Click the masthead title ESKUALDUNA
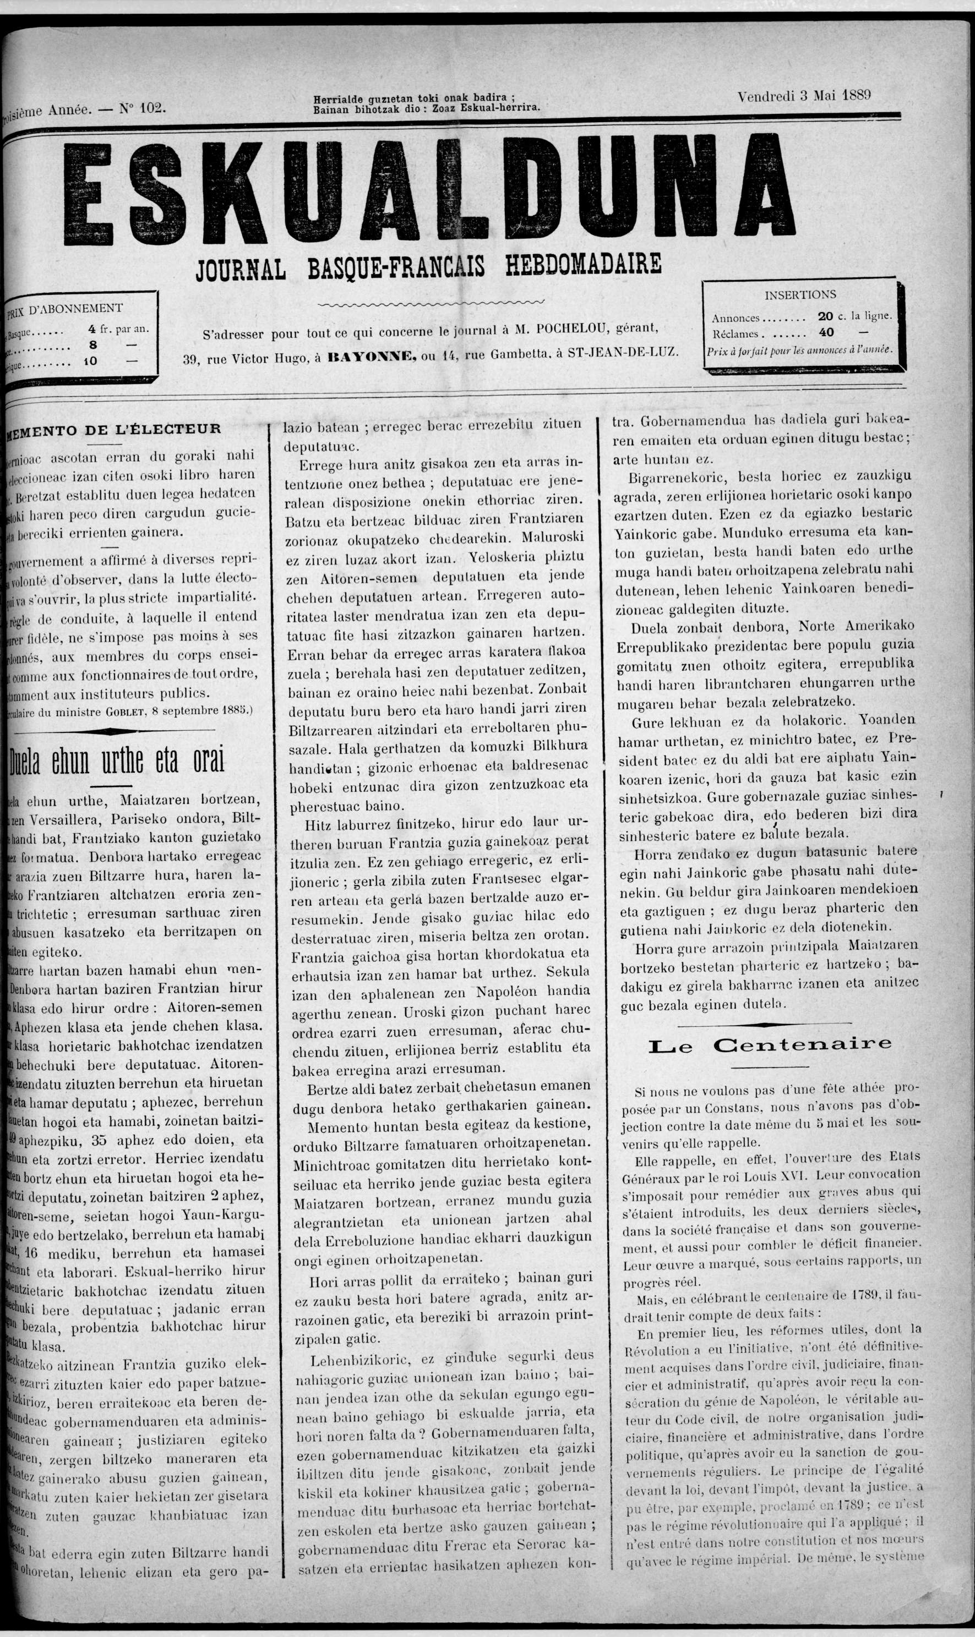point(431,190)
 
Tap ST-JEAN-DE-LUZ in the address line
point(623,351)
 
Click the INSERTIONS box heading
point(800,295)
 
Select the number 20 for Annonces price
point(825,316)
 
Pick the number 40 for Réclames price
point(826,333)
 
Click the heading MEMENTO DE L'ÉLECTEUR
point(113,429)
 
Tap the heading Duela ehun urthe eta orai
point(117,760)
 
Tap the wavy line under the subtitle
point(431,303)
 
